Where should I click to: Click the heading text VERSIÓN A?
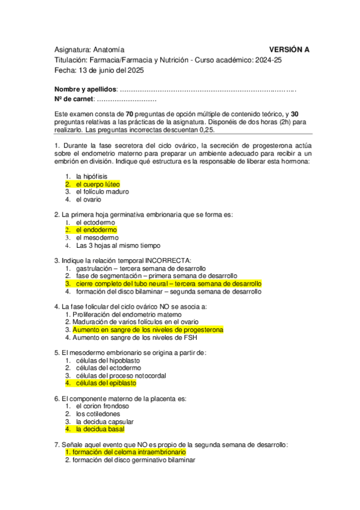coord(289,49)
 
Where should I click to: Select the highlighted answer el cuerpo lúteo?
coord(97,184)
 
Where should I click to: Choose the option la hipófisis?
coord(91,176)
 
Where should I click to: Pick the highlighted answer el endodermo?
coord(96,230)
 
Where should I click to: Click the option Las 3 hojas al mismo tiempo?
coord(109,245)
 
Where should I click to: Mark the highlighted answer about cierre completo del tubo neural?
coord(168,283)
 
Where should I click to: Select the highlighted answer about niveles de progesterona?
coord(148,330)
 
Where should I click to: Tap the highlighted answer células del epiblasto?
coord(106,383)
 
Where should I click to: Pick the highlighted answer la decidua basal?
coord(100,429)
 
